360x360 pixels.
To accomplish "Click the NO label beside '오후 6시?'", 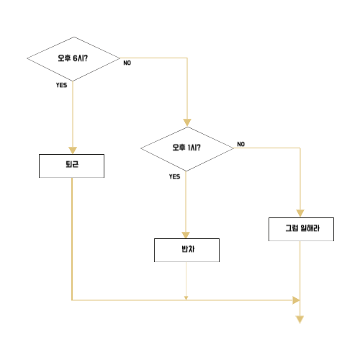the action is [127, 63].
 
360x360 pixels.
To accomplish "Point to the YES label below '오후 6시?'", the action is [61, 85].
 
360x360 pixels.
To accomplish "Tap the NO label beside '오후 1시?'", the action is [241, 144].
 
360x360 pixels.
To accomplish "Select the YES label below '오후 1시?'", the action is [174, 176].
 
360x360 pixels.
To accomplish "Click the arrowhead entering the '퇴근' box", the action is [73, 150].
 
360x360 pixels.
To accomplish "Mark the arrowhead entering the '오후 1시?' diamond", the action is [187, 122].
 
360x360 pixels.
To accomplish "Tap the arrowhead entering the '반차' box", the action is [186, 235].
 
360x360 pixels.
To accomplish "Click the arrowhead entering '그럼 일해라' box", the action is [300, 213].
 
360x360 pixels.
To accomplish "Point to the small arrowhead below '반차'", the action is [186, 298].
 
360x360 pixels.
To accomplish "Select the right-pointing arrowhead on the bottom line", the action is [296, 300].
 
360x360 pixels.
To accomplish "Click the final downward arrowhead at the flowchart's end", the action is [300, 320].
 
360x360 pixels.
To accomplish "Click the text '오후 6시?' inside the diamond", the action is [73, 58].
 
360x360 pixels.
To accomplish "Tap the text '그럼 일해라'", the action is [302, 228].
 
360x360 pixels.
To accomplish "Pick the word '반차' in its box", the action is [188, 249].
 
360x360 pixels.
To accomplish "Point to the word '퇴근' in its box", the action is [72, 164].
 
